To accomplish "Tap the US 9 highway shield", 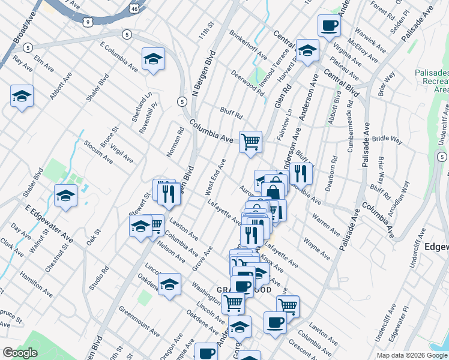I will (88, 22).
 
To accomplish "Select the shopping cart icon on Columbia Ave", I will (250, 142).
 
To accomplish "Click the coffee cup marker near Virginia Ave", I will (328, 26).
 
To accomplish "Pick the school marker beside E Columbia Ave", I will (153, 59).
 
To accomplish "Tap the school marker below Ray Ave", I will (22, 95).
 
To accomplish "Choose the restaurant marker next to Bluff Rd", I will (301, 173).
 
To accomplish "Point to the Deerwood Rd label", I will (247, 83).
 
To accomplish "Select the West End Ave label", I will (214, 176).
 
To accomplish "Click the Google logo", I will (20, 353).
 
